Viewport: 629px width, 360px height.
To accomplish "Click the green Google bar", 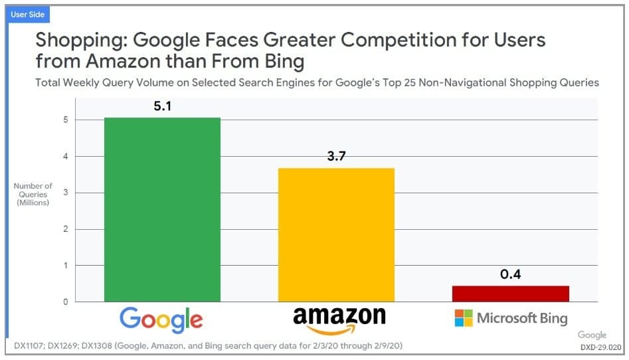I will tap(162, 209).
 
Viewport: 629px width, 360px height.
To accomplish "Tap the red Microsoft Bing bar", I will tap(511, 294).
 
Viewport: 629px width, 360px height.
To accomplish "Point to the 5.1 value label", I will tap(163, 106).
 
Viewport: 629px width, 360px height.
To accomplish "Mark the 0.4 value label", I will tap(510, 274).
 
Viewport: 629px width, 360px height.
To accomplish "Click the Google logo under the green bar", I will tap(161, 319).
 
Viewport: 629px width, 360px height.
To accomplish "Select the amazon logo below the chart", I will tap(339, 319).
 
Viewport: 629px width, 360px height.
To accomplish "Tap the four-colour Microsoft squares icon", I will tap(464, 318).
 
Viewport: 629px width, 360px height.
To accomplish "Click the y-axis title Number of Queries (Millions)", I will tap(33, 194).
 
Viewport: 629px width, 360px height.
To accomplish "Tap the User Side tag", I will tap(27, 14).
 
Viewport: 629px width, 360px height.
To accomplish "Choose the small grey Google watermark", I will tap(592, 335).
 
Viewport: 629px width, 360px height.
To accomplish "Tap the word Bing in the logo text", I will tap(553, 318).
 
